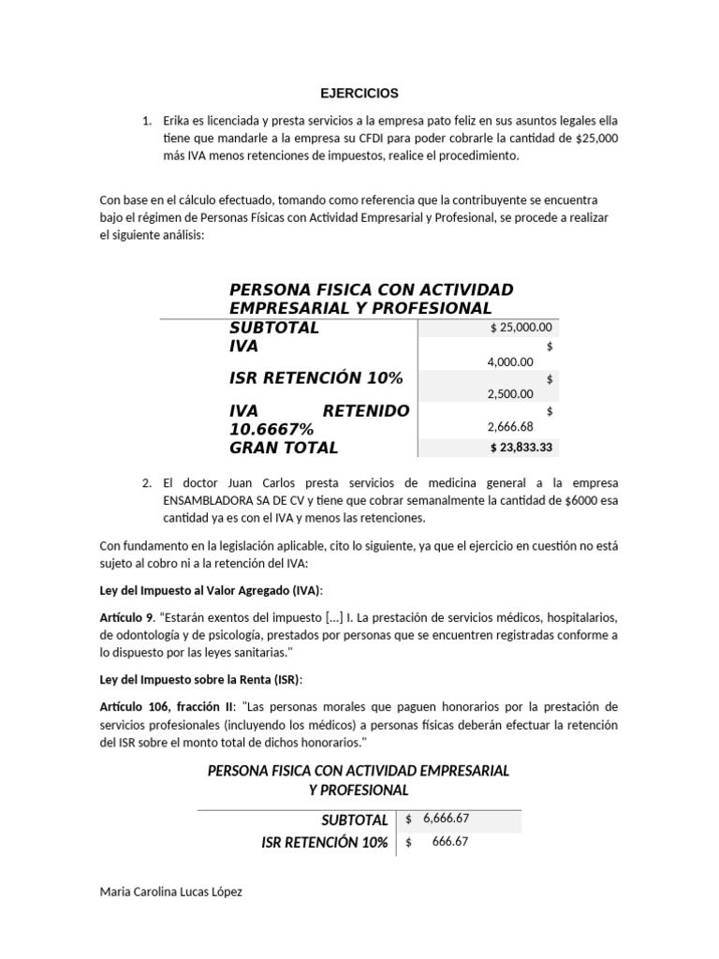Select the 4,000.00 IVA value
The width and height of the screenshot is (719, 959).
pyautogui.click(x=510, y=361)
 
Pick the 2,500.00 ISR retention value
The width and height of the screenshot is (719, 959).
pyautogui.click(x=510, y=394)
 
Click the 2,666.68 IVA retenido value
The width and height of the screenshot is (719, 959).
pyautogui.click(x=510, y=427)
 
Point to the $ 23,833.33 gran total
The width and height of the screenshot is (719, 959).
pyautogui.click(x=521, y=448)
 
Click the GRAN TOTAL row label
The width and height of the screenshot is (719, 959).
pyautogui.click(x=284, y=448)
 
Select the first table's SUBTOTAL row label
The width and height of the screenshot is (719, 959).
pyautogui.click(x=274, y=327)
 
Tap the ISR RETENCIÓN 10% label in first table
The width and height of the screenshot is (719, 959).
pyautogui.click(x=315, y=378)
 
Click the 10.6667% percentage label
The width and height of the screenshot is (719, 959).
pyautogui.click(x=271, y=429)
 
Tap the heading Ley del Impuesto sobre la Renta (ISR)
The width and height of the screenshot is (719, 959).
pyautogui.click(x=200, y=680)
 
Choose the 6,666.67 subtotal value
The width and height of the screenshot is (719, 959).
pyautogui.click(x=446, y=818)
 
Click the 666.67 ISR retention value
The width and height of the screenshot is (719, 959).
pyautogui.click(x=451, y=841)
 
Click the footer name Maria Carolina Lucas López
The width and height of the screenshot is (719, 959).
pyautogui.click(x=170, y=892)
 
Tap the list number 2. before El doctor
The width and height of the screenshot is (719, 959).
pyautogui.click(x=147, y=482)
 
